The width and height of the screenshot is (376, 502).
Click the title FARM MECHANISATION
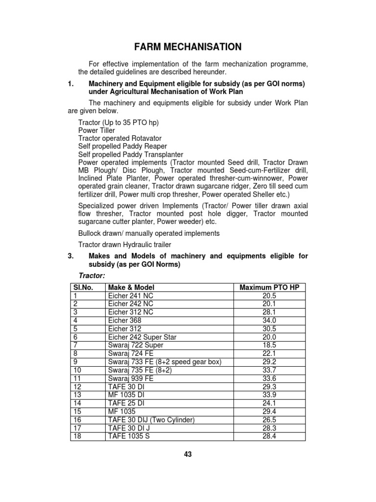(x=188, y=47)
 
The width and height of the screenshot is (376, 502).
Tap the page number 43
(x=188, y=454)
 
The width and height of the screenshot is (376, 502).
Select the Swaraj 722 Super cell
(x=136, y=345)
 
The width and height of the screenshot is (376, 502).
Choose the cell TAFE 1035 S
(x=128, y=436)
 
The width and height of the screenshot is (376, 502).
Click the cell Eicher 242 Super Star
(x=142, y=337)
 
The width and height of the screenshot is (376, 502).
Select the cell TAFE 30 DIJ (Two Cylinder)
(x=151, y=420)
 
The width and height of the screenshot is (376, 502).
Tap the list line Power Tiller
(x=96, y=130)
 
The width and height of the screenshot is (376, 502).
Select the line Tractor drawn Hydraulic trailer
(x=125, y=244)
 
